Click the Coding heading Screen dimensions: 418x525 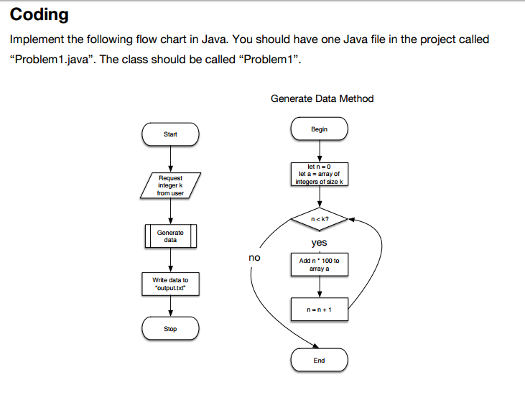pyautogui.click(x=40, y=14)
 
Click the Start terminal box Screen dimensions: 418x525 pyautogui.click(x=170, y=134)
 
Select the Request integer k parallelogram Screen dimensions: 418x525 pyautogui.click(x=170, y=185)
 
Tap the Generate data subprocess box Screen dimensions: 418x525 pyautogui.click(x=170, y=236)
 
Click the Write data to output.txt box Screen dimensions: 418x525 pyautogui.click(x=170, y=284)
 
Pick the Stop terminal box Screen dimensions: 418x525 pyautogui.click(x=170, y=329)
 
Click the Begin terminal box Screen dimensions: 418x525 pyautogui.click(x=319, y=129)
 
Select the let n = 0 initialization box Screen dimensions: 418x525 pyautogui.click(x=319, y=174)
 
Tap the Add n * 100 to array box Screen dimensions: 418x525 pyautogui.click(x=319, y=264)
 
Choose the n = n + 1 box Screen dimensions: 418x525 pyautogui.click(x=319, y=310)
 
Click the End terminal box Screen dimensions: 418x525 pyautogui.click(x=319, y=360)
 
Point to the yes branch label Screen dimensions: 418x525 pyautogui.click(x=319, y=243)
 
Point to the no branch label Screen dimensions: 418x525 pyautogui.click(x=254, y=257)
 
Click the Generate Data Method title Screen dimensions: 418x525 pyautogui.click(x=322, y=98)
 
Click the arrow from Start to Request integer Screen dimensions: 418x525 pyautogui.click(x=170, y=158)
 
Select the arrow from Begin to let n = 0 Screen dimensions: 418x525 pyautogui.click(x=319, y=152)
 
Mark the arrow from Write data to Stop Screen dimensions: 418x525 pyautogui.click(x=170, y=306)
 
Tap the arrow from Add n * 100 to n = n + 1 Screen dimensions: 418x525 pyautogui.click(x=319, y=287)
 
